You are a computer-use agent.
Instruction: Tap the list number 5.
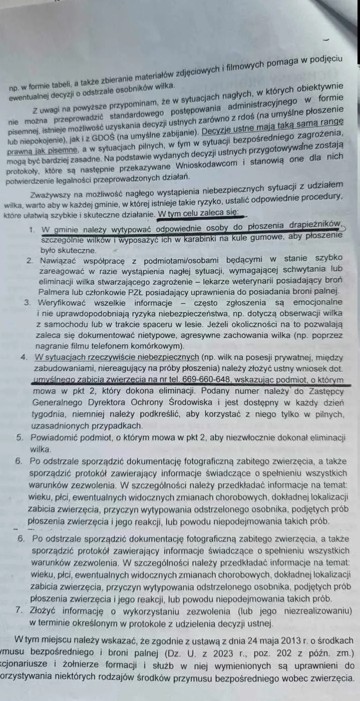(20, 437)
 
